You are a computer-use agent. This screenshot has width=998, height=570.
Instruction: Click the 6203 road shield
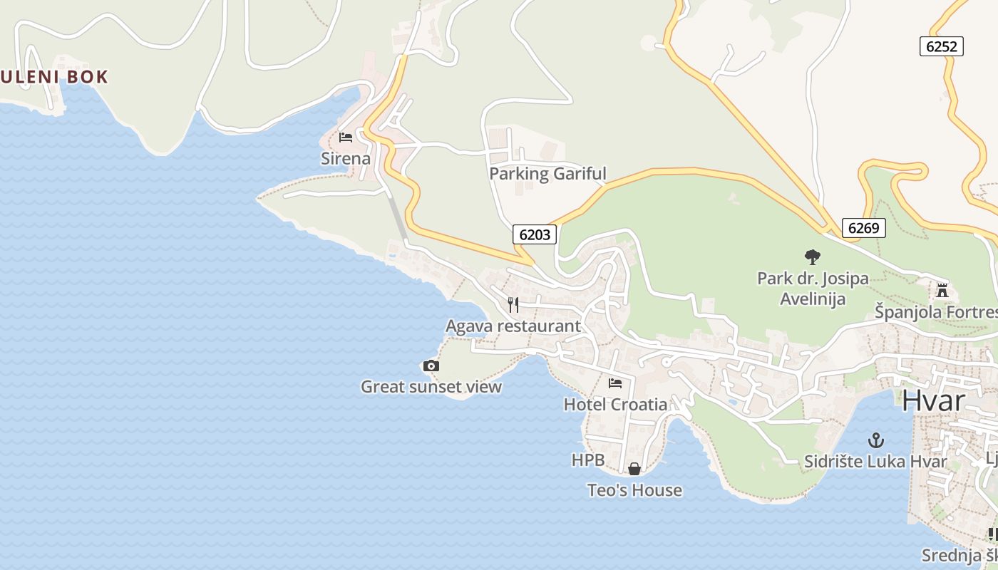point(534,234)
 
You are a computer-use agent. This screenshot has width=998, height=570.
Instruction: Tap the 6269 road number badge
point(863,228)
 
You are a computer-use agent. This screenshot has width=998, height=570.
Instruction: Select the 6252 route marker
point(941,46)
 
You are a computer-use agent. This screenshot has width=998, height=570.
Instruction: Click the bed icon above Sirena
point(346,138)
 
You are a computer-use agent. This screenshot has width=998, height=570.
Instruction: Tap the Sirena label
point(346,158)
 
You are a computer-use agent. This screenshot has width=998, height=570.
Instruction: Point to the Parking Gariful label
point(547,173)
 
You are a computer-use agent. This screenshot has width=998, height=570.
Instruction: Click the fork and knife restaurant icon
point(513,305)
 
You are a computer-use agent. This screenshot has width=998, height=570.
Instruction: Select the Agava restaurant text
point(513,326)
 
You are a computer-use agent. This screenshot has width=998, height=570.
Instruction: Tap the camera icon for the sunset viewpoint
point(431,366)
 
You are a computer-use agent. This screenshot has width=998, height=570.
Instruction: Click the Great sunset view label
point(431,387)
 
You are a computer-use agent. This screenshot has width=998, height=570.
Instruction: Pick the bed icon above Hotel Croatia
point(615,383)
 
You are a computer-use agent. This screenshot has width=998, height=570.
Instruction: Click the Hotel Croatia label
point(615,405)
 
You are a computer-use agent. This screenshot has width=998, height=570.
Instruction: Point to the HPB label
point(588,460)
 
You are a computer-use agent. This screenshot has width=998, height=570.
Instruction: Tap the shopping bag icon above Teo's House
point(634,469)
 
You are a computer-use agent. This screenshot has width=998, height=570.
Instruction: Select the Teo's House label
point(634,490)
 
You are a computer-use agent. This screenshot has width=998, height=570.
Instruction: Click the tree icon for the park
point(812,257)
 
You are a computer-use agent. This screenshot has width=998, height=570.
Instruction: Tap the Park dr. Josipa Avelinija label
point(813,288)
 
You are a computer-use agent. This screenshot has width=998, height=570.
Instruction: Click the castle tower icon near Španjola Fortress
point(942,290)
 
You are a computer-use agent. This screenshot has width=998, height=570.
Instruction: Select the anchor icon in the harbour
point(875,440)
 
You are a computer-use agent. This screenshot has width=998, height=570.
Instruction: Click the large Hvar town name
point(933,400)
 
